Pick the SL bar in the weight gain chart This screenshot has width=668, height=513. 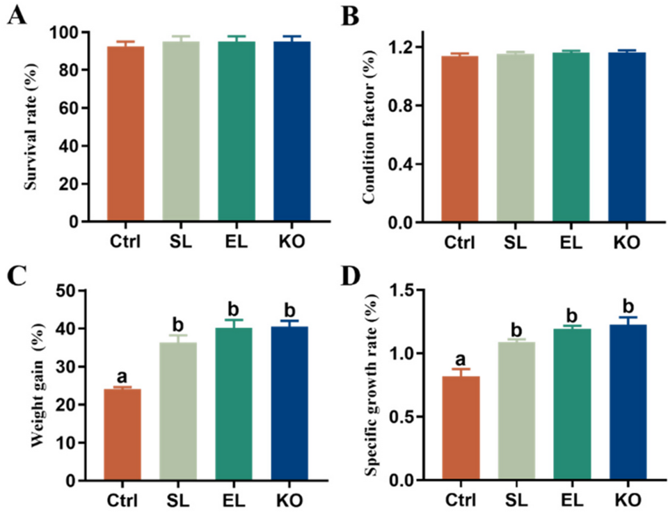[177, 411]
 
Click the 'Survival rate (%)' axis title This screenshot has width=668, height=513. [29, 127]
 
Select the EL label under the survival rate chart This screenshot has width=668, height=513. [235, 242]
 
